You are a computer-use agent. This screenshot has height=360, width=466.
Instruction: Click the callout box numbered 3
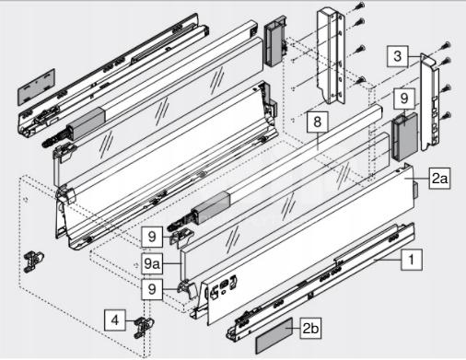point(398,56)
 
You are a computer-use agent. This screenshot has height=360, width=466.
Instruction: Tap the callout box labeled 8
point(317,122)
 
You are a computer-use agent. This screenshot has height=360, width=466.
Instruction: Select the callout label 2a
point(439,178)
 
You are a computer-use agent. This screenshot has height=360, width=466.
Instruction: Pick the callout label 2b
point(310,329)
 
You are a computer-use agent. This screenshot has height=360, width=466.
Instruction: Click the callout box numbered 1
point(412,260)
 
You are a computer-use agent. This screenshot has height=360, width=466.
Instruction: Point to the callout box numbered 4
point(115,320)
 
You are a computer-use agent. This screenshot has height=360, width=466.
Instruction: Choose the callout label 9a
point(152,263)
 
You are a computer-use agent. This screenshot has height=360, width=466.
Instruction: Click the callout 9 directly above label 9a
point(152,237)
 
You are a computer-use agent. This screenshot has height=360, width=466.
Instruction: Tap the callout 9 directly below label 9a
point(152,289)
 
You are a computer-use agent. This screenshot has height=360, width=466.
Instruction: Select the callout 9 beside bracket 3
point(404,99)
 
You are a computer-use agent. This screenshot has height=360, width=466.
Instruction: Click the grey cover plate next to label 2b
point(274,336)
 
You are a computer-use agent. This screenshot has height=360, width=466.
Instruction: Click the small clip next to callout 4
point(144,327)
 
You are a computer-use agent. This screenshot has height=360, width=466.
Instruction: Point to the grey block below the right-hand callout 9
point(404,136)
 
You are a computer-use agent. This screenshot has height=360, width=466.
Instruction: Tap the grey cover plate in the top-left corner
point(36,87)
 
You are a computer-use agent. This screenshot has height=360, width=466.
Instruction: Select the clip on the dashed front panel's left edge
point(33,261)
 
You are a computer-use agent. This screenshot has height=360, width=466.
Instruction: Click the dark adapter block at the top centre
point(275,41)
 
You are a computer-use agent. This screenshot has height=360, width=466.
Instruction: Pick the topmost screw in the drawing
point(361,6)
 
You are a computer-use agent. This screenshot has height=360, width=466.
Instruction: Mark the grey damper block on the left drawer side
point(87,124)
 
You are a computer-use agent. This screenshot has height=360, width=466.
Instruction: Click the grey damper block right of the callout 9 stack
point(212,207)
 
